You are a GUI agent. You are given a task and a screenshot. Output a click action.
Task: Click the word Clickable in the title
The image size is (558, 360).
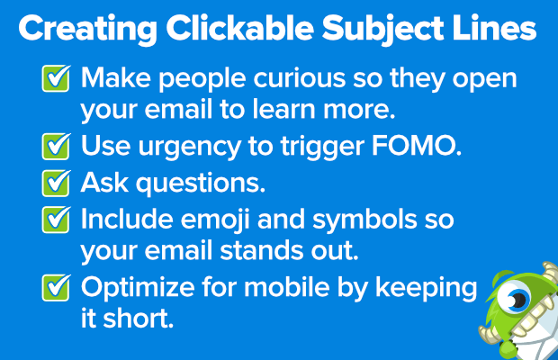pos(240,28)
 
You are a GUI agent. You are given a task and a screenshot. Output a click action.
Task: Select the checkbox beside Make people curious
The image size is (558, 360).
pos(56,78)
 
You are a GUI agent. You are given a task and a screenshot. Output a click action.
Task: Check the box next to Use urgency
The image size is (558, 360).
pos(56,146)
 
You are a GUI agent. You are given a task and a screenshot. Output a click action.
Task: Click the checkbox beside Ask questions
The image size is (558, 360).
pos(56,183)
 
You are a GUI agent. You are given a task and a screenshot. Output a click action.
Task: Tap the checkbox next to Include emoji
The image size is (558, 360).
pos(56,220)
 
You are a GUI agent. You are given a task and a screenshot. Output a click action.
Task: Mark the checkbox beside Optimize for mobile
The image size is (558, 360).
pos(56,287)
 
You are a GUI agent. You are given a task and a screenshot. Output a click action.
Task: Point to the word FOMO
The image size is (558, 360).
pos(417,146)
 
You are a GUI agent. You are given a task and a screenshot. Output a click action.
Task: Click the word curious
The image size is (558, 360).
pos(300,78)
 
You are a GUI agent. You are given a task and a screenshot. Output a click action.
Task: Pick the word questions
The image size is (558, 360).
pos(201,184)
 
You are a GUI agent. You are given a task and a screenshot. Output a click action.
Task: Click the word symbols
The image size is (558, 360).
pos(364,220)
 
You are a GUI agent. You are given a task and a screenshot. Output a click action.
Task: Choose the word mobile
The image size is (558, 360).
pos(287,287)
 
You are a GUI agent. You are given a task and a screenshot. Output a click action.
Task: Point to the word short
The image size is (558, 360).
pos(138,318)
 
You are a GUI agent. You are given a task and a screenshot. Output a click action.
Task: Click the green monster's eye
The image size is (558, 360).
pos(514,298)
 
